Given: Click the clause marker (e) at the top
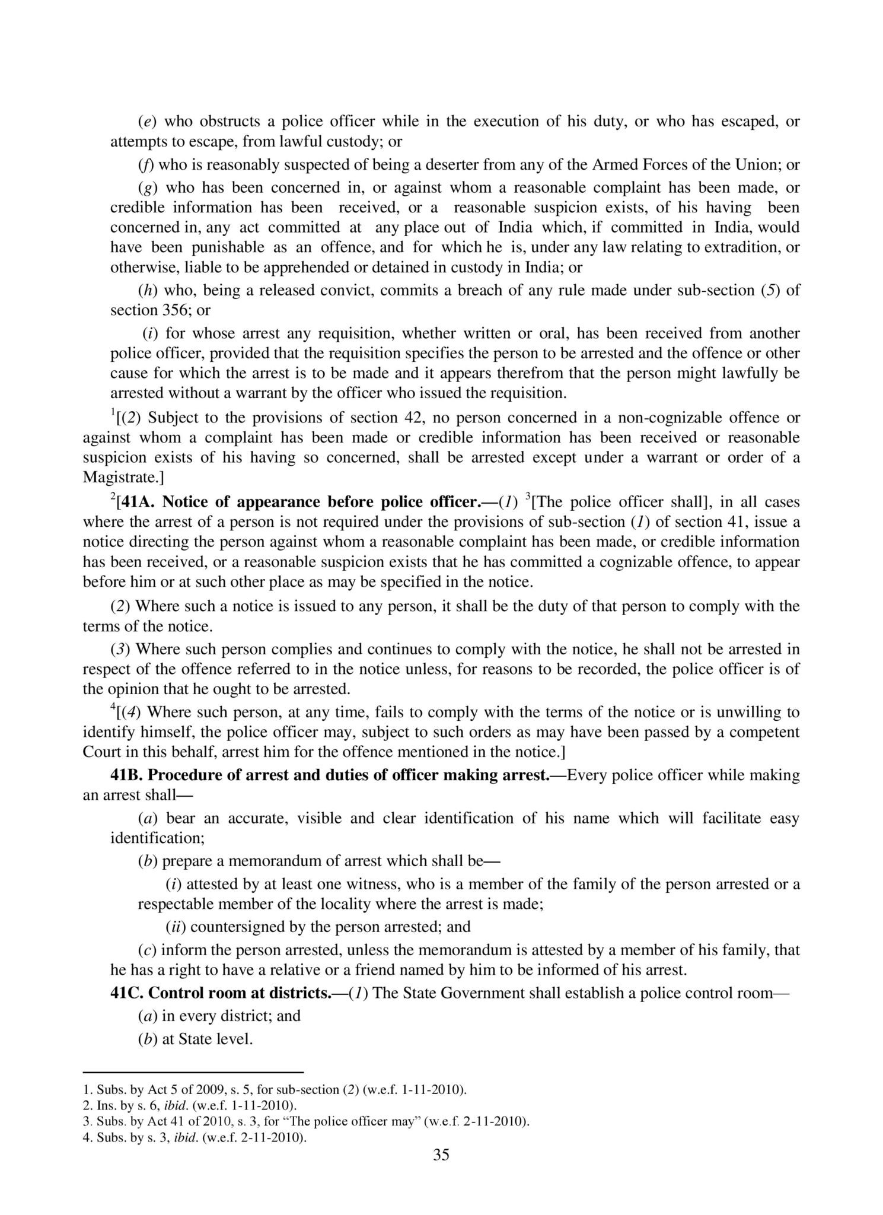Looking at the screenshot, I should [x=146, y=122].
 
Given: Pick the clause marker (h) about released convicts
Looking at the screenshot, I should [x=146, y=291].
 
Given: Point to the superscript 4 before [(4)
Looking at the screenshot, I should [x=113, y=708].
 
